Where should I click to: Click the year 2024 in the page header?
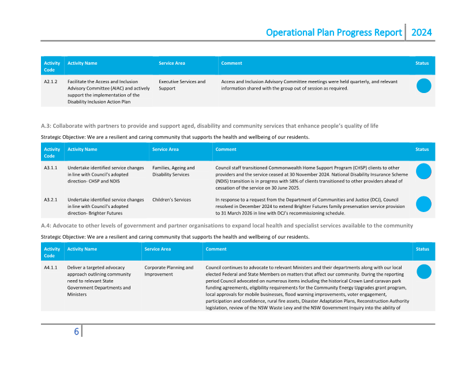(x=421, y=32)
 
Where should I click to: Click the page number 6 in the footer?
(x=76, y=332)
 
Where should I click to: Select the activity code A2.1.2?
(x=50, y=82)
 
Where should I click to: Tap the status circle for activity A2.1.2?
(x=424, y=86)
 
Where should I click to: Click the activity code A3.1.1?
(x=50, y=168)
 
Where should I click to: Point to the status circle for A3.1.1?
(x=424, y=172)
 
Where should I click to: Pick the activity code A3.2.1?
(x=50, y=200)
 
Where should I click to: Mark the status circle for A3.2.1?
(x=424, y=204)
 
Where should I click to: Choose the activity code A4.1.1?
(x=50, y=268)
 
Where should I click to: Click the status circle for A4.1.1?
(x=424, y=272)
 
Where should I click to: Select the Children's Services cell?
(x=171, y=200)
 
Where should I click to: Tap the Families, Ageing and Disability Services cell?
(x=174, y=171)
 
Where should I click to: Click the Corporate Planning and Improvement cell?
(x=169, y=271)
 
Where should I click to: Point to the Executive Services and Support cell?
(x=182, y=85)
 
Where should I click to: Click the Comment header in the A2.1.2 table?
(x=231, y=63)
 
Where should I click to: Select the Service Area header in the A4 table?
(x=158, y=249)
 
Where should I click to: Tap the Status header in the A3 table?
(x=422, y=149)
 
